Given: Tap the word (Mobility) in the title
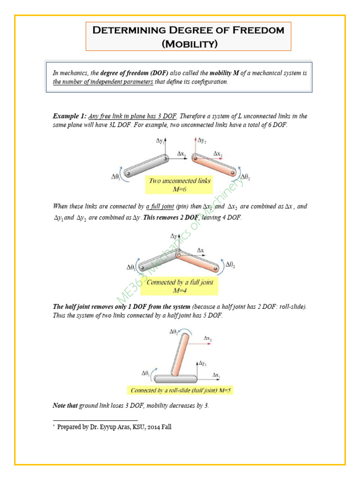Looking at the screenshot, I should [x=188, y=44].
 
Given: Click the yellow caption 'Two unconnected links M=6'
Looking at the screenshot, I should [x=180, y=184].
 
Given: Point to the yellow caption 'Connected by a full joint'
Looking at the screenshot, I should [x=180, y=282].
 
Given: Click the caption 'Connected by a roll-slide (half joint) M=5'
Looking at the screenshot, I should [x=180, y=390].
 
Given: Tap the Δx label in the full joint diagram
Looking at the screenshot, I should [x=200, y=251].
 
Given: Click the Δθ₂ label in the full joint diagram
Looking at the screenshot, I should [x=230, y=265].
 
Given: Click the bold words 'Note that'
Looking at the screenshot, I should [x=65, y=405].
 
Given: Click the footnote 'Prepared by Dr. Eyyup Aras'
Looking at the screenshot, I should [x=114, y=427].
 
